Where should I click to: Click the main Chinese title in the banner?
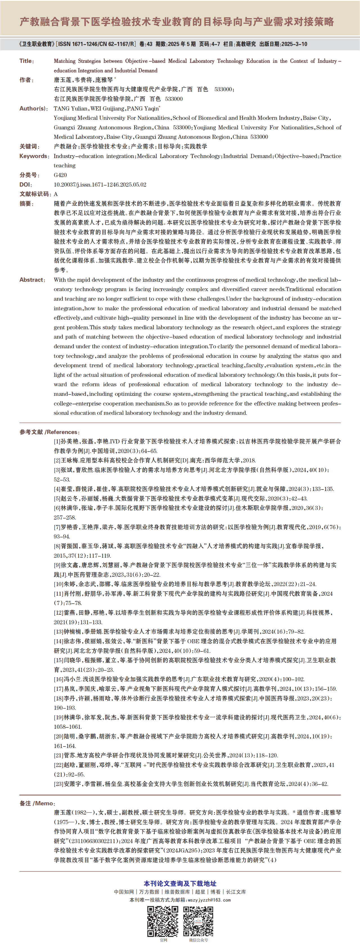(177, 22)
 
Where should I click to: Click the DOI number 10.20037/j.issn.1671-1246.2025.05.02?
(100, 184)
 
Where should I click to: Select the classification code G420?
(60, 175)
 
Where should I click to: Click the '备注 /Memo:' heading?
(37, 803)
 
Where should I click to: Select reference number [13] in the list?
(58, 632)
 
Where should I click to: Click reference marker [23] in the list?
(58, 784)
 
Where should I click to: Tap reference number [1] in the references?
(57, 441)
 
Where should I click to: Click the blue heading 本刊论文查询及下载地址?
(180, 883)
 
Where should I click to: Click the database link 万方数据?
(149, 892)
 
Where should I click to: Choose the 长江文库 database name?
(236, 892)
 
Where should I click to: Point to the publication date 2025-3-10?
(294, 44)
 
